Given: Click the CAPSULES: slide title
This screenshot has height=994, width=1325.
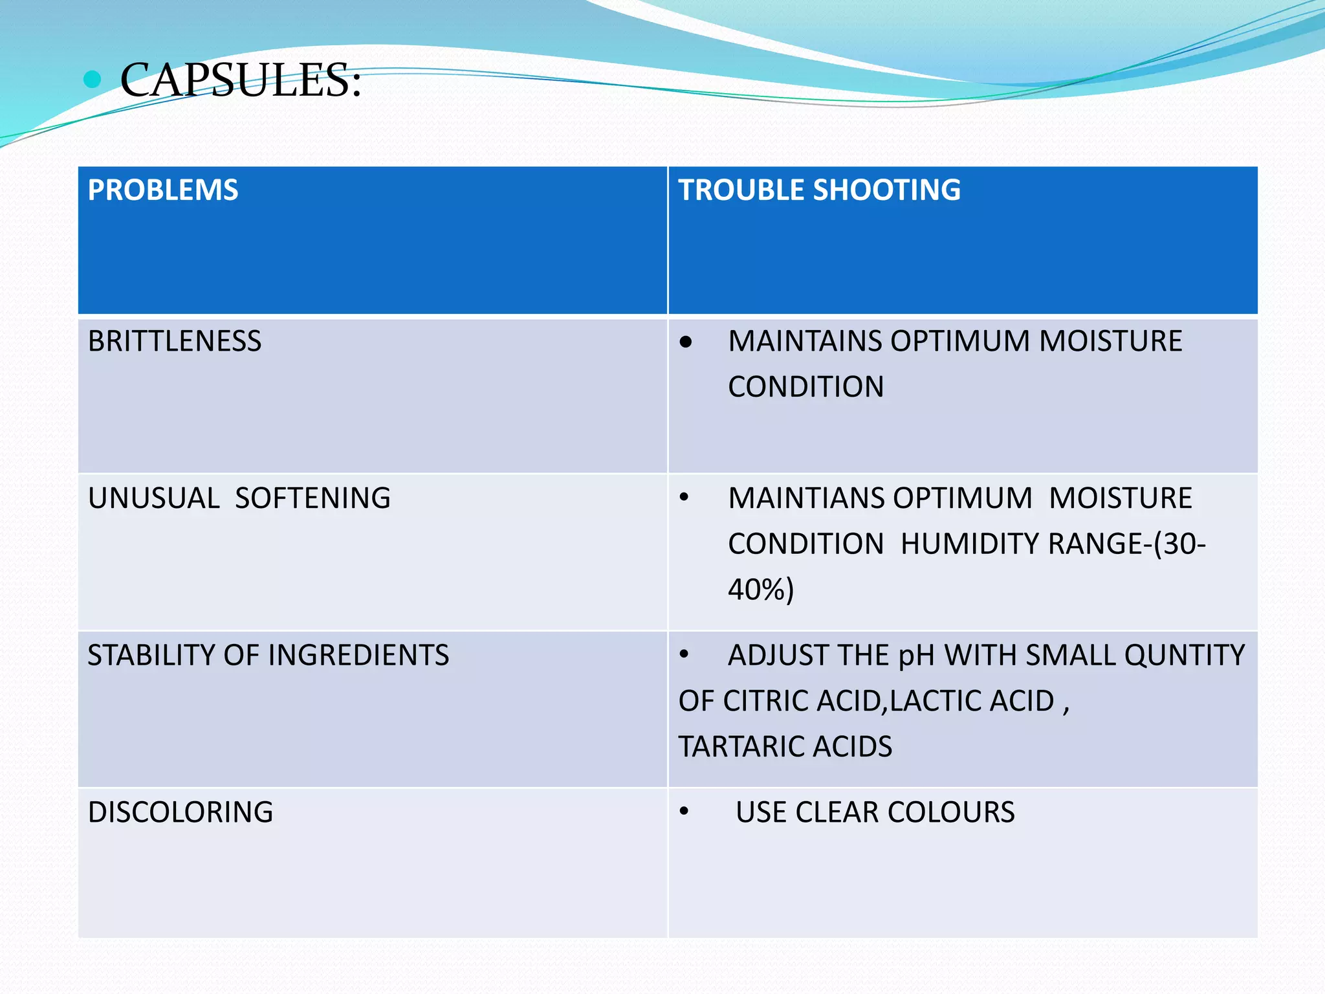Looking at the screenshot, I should [x=240, y=80].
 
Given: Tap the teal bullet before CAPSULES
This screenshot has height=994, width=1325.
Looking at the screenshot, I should [x=93, y=80].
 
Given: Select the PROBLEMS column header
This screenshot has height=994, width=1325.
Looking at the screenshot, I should [x=163, y=190].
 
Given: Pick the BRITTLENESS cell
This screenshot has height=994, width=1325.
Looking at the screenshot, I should [x=175, y=342].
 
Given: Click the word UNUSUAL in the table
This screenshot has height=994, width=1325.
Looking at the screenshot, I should [x=154, y=498].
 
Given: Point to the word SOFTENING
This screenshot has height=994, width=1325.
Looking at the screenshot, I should [x=312, y=498].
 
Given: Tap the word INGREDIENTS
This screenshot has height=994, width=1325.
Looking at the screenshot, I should [x=358, y=656].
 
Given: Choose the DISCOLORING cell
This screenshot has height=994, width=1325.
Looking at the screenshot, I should [x=181, y=812].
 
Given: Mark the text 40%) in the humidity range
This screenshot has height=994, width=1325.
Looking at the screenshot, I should [x=761, y=590].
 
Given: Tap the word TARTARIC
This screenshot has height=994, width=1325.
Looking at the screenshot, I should [x=742, y=747].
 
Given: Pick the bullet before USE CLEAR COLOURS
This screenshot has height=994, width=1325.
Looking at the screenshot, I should [x=684, y=812].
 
